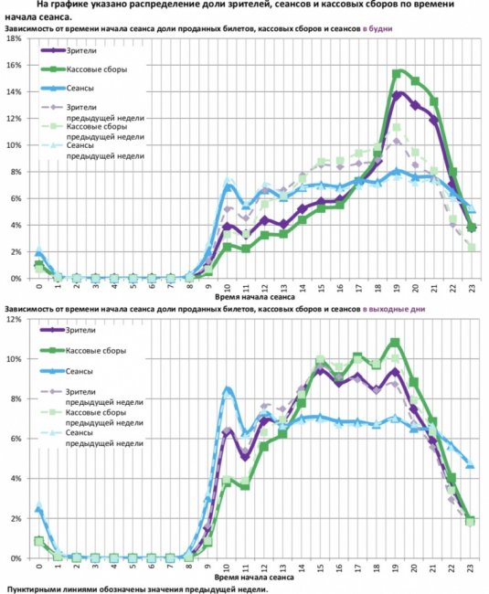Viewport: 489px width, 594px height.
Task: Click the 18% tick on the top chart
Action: coord(14,38)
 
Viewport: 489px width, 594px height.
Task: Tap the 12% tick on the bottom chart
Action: coord(14,319)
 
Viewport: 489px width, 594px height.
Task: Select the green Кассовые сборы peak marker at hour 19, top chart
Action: coord(397,74)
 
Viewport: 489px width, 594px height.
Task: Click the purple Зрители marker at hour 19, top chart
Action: coord(397,96)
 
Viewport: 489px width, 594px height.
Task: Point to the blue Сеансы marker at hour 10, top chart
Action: coord(228,186)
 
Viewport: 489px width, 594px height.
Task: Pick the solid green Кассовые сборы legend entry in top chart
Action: coord(84,69)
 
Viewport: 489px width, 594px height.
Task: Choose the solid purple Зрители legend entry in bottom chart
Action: coord(68,330)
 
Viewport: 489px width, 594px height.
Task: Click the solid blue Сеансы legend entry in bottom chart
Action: coord(66,371)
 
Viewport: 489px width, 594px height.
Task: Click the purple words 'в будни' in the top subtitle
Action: coord(377,29)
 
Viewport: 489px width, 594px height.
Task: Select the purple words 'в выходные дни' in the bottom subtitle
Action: coord(394,309)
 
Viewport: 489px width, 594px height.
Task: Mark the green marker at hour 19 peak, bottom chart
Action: coord(395,343)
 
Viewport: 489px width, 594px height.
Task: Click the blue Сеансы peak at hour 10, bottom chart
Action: coord(228,389)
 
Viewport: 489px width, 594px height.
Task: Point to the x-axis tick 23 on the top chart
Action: coord(472,288)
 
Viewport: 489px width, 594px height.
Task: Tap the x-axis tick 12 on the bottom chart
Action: coord(264,568)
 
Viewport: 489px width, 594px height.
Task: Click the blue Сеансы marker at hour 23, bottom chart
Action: coord(470,464)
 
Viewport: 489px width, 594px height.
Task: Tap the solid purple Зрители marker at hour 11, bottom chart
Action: coord(246,457)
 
